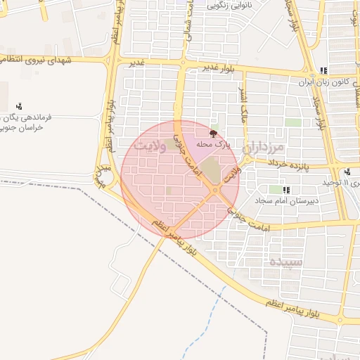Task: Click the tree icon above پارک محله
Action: click(x=213, y=132)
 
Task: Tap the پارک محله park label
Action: click(x=213, y=143)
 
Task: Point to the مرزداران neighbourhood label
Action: click(x=263, y=148)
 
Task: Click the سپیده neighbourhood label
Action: click(x=285, y=261)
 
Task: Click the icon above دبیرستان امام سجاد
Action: click(x=286, y=190)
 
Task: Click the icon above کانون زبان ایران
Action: click(x=323, y=70)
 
